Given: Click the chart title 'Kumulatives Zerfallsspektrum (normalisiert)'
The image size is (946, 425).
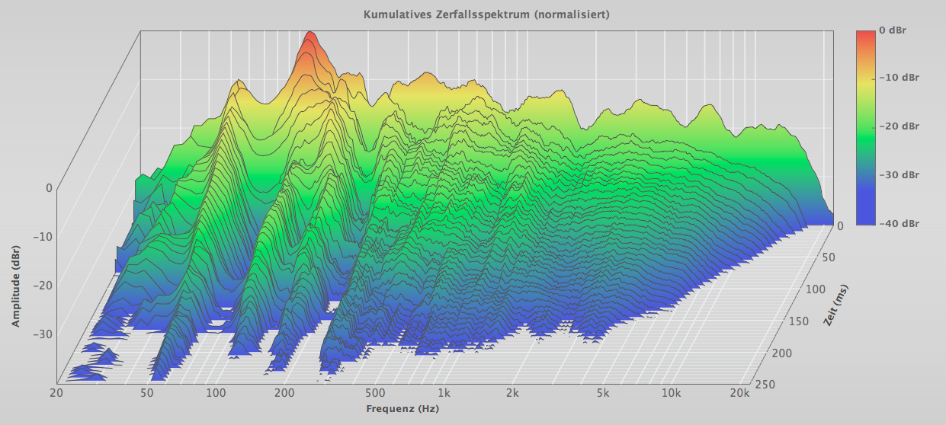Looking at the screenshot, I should [486, 14].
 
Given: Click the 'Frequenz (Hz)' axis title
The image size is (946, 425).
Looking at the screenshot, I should [402, 409].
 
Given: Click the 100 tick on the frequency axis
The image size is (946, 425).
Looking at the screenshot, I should [216, 393].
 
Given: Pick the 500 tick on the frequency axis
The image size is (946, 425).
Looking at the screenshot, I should [374, 393].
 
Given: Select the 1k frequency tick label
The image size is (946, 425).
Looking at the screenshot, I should [444, 393].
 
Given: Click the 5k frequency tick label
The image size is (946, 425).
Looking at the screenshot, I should [603, 393].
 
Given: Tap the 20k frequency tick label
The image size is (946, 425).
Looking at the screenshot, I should [739, 393].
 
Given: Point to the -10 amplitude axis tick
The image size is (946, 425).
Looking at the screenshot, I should [43, 236].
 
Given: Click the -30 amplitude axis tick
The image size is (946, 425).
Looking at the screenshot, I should [43, 333].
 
